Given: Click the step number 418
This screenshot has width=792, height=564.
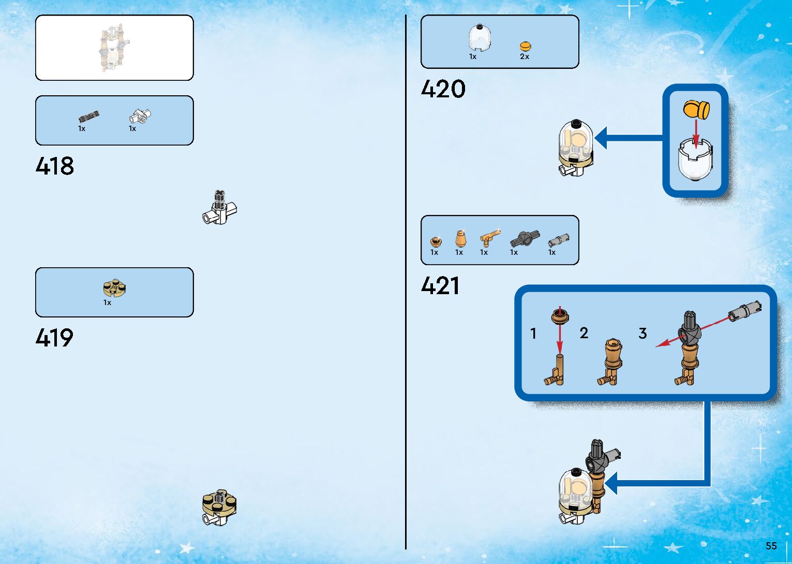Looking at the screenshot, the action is click(x=55, y=166).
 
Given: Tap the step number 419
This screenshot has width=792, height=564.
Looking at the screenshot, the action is click(x=54, y=338).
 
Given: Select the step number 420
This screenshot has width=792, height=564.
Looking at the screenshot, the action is click(x=443, y=89).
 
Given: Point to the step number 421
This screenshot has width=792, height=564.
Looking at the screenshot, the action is click(x=440, y=286).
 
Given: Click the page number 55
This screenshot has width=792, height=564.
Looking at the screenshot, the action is click(x=771, y=546).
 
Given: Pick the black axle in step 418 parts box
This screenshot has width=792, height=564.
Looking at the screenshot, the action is click(x=88, y=117).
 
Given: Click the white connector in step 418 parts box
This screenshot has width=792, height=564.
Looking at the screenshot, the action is click(x=140, y=116).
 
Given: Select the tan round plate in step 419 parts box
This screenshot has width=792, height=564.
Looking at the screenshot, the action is click(x=114, y=287).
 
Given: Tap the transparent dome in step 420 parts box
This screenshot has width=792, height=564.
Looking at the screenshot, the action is click(x=480, y=38).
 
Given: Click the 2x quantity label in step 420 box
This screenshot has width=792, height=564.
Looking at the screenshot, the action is click(x=525, y=56).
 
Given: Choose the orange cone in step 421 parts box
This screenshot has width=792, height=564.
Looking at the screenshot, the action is click(x=460, y=238).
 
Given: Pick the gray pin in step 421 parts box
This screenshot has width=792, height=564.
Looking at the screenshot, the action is click(x=559, y=240).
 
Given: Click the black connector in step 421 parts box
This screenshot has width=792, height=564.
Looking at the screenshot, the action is click(x=525, y=238).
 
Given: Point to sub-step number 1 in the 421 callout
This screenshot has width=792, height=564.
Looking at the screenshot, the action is click(x=533, y=333).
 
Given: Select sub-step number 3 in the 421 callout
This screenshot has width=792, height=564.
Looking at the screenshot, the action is click(x=642, y=333).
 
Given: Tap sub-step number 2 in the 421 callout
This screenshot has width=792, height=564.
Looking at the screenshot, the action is click(x=584, y=333).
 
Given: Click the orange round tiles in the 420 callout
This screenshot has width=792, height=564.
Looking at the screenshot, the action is click(x=696, y=110).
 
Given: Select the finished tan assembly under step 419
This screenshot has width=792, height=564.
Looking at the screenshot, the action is click(x=219, y=507).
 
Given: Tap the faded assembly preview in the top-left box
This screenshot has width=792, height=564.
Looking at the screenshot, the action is click(x=114, y=48).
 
